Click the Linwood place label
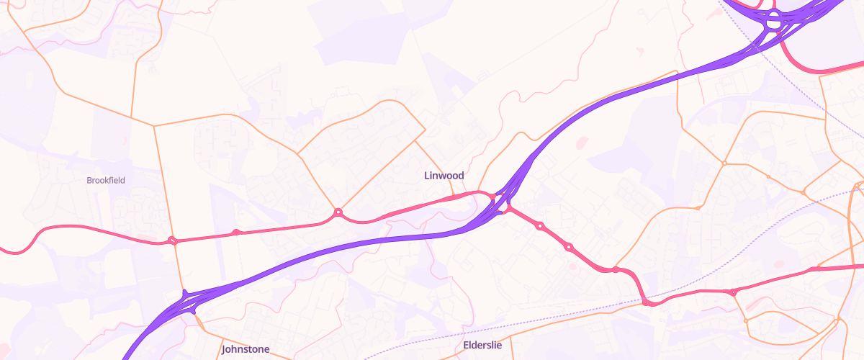click(444, 176)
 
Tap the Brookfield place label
click(106, 180)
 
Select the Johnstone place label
click(246, 349)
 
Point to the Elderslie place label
click(482, 345)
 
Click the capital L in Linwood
click(427, 176)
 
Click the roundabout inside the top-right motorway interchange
click(774, 22)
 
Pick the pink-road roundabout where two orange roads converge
click(338, 212)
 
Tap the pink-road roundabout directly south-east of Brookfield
click(172, 240)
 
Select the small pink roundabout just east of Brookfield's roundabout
click(235, 232)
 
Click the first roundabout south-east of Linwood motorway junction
click(540, 226)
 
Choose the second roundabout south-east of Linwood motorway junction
click(569, 247)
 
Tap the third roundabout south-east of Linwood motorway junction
click(616, 270)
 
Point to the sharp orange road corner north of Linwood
click(426, 130)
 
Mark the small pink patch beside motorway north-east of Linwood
click(582, 141)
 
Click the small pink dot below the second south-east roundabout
click(572, 266)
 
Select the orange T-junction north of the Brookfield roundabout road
click(154, 126)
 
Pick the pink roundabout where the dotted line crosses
click(650, 303)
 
